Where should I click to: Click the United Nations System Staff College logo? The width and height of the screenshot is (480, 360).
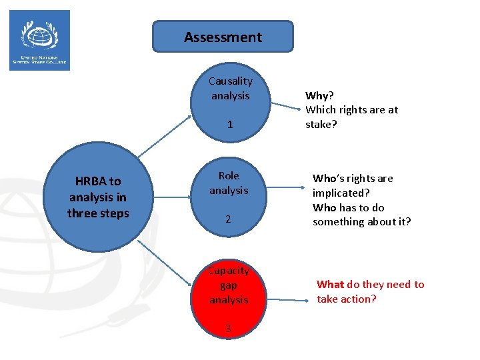click(x=39, y=40)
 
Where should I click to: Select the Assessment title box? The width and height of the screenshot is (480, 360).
click(x=223, y=37)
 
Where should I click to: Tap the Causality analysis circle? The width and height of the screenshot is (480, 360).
click(x=230, y=103)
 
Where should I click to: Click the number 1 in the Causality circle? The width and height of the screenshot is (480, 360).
click(x=230, y=125)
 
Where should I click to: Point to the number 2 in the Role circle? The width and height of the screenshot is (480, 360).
click(x=228, y=219)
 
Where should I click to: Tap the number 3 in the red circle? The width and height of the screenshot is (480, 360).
click(x=228, y=328)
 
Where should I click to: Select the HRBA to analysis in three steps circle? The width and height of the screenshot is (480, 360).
click(x=97, y=197)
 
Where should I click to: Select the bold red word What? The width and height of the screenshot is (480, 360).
click(x=330, y=285)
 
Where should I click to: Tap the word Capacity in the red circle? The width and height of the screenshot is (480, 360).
click(x=229, y=271)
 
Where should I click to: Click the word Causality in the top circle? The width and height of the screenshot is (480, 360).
click(x=230, y=81)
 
